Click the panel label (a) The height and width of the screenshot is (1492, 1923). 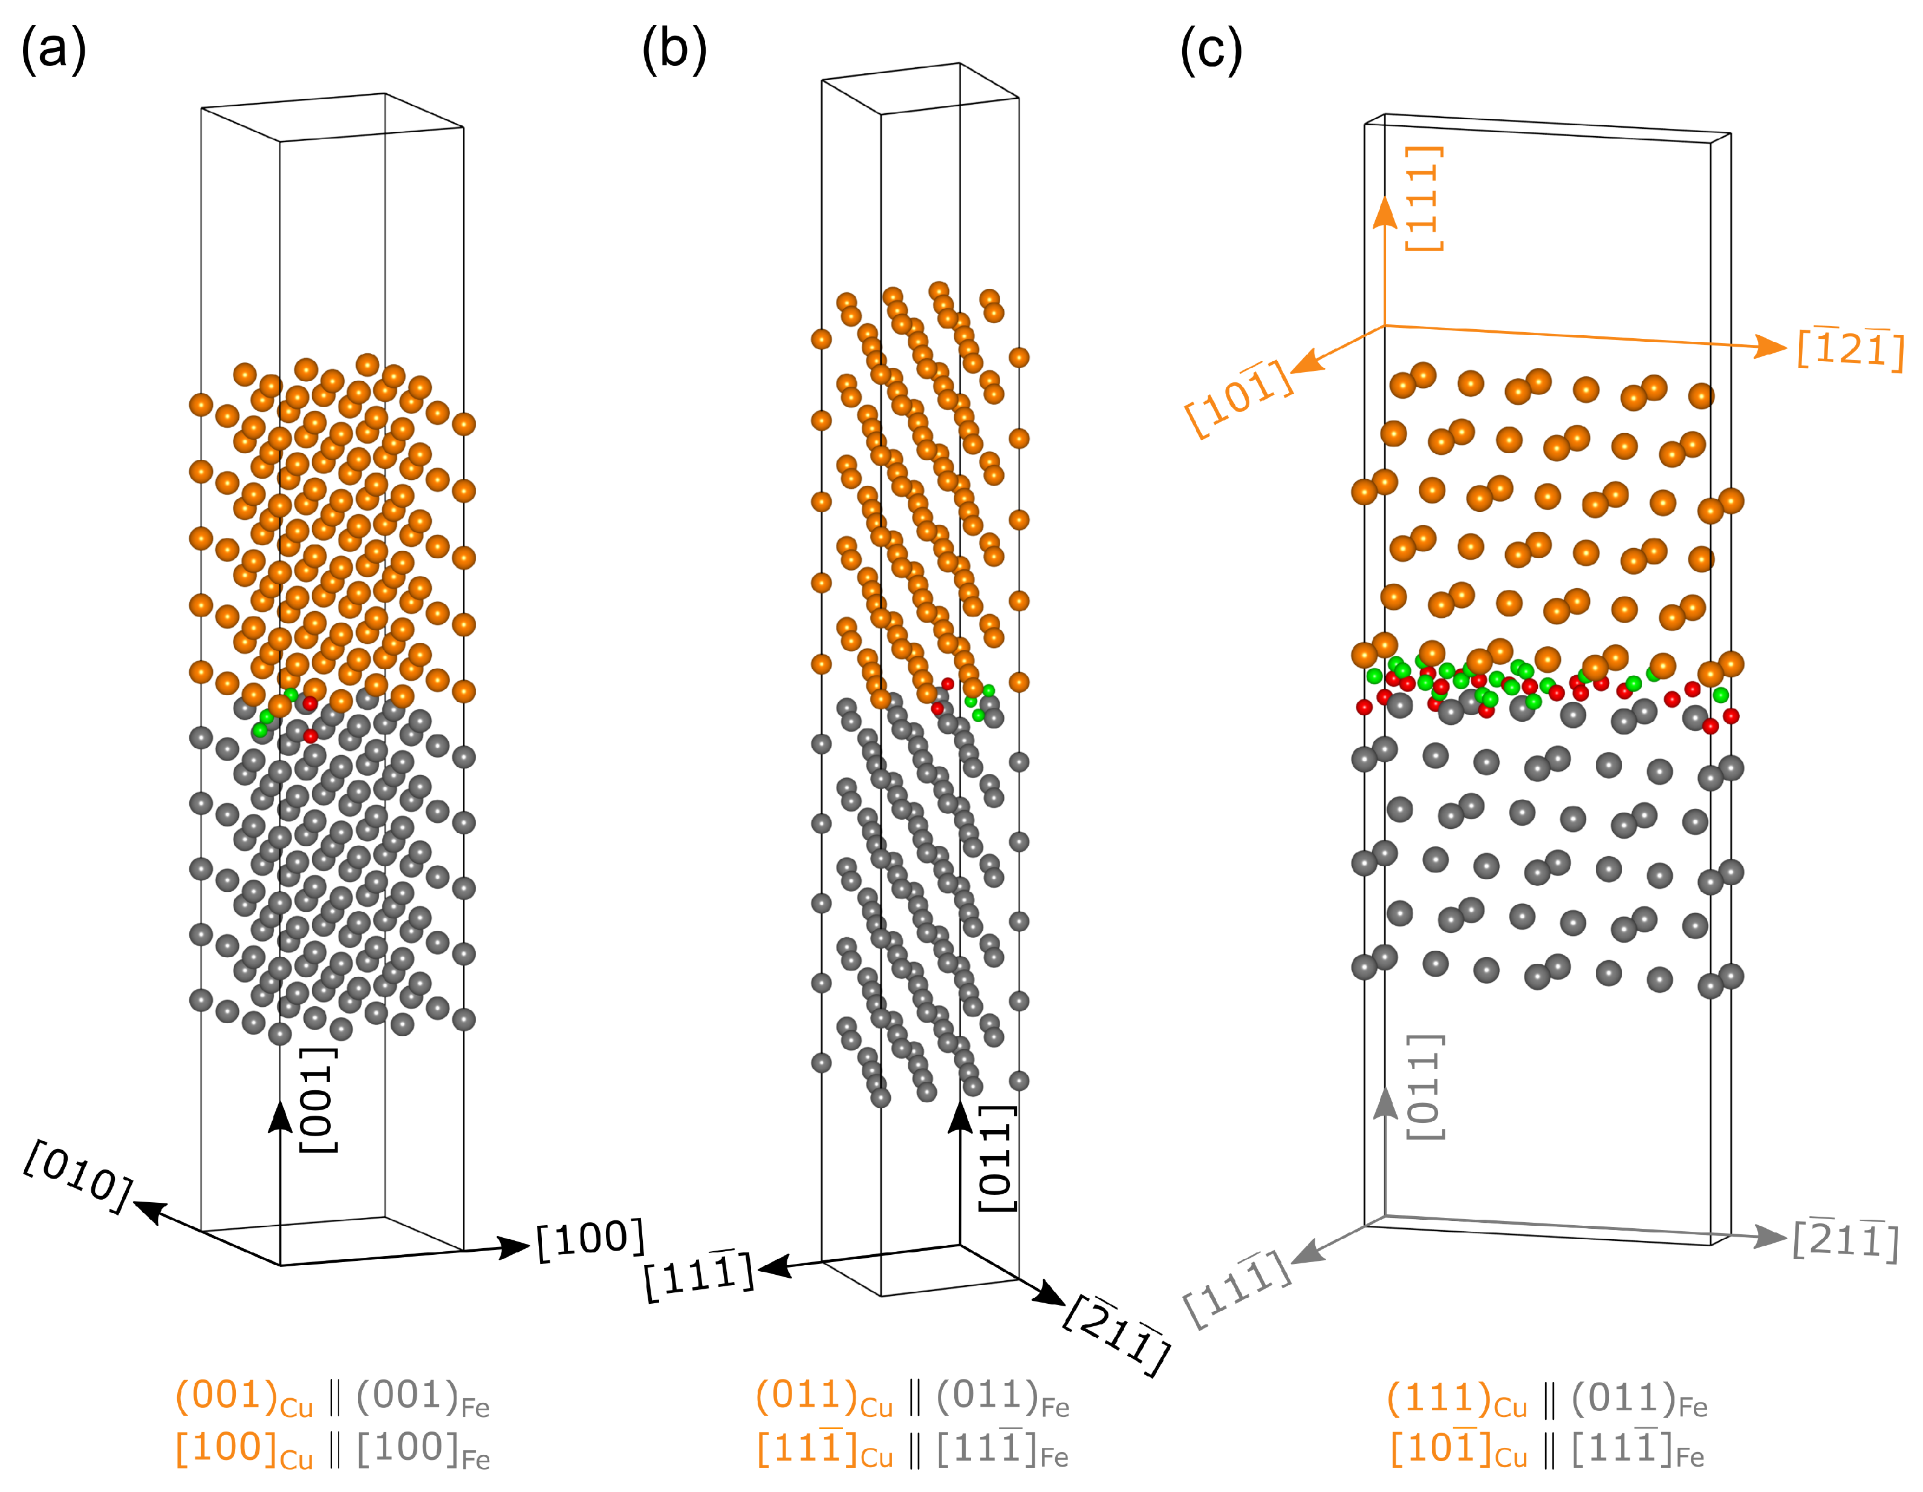pyautogui.click(x=53, y=50)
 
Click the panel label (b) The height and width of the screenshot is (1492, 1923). pyautogui.click(x=674, y=50)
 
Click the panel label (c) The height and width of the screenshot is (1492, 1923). pyautogui.click(x=1211, y=50)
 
